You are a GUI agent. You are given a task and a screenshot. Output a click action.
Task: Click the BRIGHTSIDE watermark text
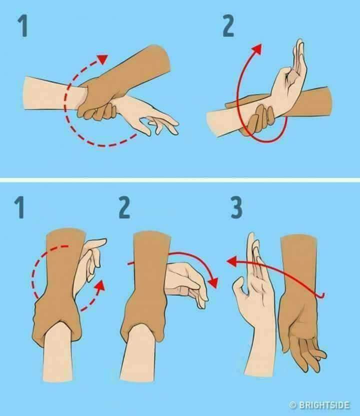click(x=320, y=405)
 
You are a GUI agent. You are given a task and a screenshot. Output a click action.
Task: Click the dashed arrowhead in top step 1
click(x=102, y=59)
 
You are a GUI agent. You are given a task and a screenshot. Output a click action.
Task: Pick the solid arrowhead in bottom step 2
click(x=213, y=282)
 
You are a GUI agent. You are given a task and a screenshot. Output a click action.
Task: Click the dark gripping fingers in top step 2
click(x=261, y=119)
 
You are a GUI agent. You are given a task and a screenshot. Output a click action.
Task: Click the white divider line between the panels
click(x=180, y=180)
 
